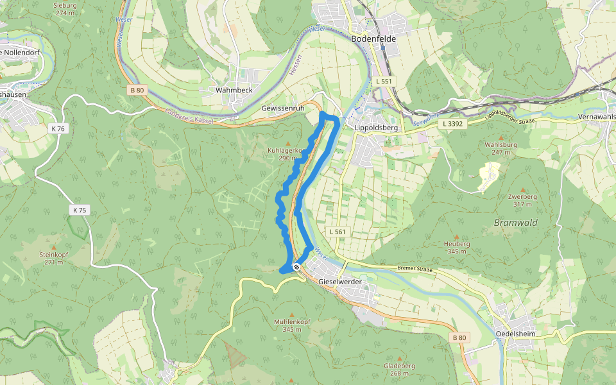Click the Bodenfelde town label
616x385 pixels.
click(x=374, y=38)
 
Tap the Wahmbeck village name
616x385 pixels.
click(x=234, y=90)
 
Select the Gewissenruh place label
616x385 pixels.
click(x=283, y=108)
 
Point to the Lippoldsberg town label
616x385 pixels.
click(x=377, y=128)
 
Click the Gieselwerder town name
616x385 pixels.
click(x=341, y=282)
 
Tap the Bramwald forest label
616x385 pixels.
click(x=515, y=223)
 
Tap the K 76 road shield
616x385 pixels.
click(x=58, y=128)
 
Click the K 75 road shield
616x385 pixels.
click(x=80, y=210)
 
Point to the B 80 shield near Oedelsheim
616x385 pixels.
click(x=459, y=338)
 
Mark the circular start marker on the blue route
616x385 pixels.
click(x=296, y=266)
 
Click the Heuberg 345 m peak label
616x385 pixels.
click(x=457, y=248)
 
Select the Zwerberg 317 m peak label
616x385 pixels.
click(x=522, y=200)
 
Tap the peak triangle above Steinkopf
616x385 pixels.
click(x=54, y=247)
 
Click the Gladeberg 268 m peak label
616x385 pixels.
click(x=399, y=370)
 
